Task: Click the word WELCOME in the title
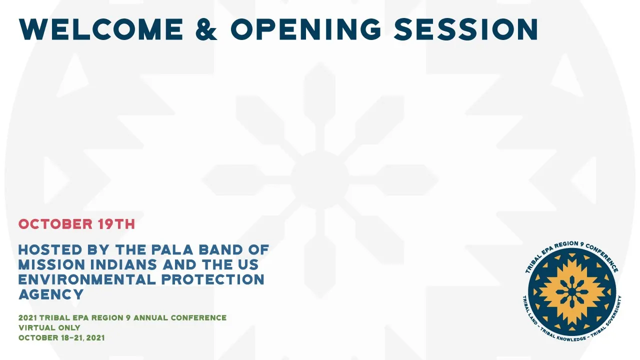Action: point(101,29)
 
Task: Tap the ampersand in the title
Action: point(206,29)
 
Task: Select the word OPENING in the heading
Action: point(305,29)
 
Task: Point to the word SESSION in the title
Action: point(466,29)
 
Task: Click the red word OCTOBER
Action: point(55,224)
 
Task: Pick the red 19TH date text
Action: point(116,224)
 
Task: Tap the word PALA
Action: point(172,249)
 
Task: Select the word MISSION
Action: point(51,264)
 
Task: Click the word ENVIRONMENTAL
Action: point(87,279)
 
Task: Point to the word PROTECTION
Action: point(213,279)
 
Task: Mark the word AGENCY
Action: point(51,294)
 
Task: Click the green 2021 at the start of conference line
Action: point(27,317)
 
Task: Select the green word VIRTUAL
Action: point(35,327)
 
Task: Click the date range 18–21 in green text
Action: point(71,337)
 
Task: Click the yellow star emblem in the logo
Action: point(571,291)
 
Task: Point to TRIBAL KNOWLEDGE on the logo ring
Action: point(567,337)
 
